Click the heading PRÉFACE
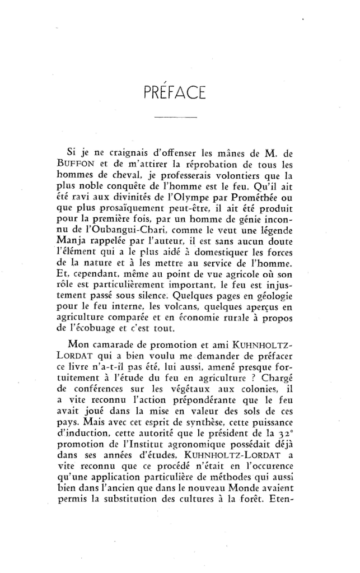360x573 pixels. pyautogui.click(x=176, y=90)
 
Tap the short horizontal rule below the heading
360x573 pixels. pyautogui.click(x=175, y=117)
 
